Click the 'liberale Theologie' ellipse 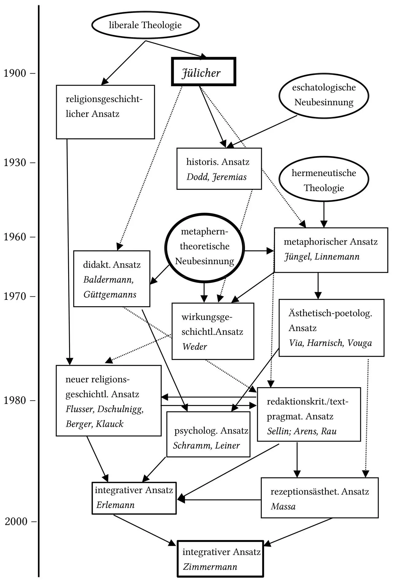(145, 25)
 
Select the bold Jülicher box (203, 72)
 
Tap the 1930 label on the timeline (15, 162)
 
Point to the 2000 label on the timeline (16, 521)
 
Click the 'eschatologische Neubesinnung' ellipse (324, 95)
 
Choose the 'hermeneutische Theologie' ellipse (324, 180)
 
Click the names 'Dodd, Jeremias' (216, 177)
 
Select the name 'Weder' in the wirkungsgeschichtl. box (195, 347)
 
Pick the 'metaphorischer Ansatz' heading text (330, 242)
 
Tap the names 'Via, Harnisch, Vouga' (330, 343)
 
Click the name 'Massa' (283, 506)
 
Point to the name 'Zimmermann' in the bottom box (210, 567)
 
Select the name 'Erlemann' (115, 505)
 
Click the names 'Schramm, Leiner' (206, 446)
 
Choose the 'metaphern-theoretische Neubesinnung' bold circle (204, 247)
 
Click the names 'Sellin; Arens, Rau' (302, 431)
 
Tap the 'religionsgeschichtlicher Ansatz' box (105, 112)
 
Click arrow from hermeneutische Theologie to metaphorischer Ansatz (324, 214)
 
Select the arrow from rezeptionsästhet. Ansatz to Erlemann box (219, 500)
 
